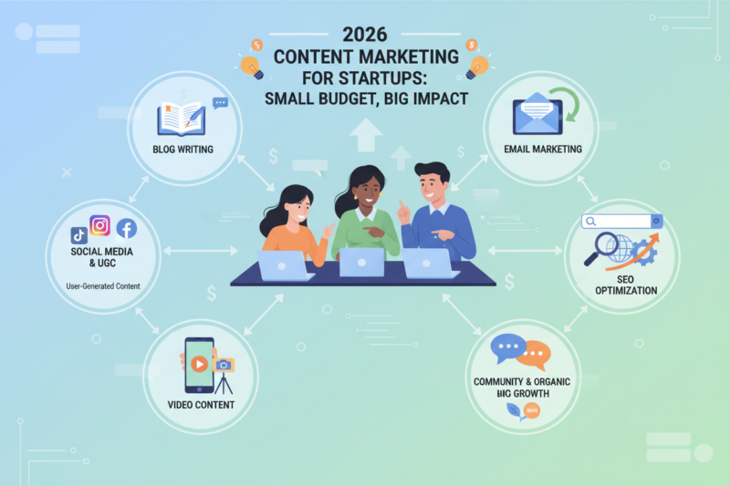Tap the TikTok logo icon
coord(78,234)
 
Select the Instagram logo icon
coord(100,225)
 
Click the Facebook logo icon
coord(126,230)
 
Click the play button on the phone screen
coord(198,362)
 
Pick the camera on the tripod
coord(224,365)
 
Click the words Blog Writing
coord(183,149)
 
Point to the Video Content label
coord(201,404)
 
